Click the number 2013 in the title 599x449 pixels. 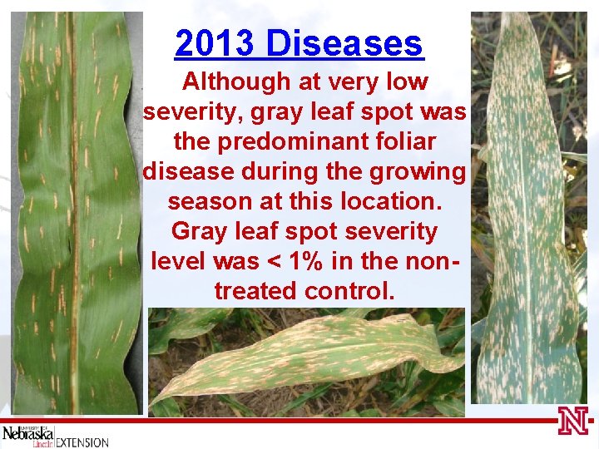click(215, 43)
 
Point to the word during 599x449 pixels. click(296, 171)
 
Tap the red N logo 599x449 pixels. click(573, 422)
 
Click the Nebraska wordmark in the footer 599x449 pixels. click(27, 434)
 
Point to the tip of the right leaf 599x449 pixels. click(508, 18)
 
